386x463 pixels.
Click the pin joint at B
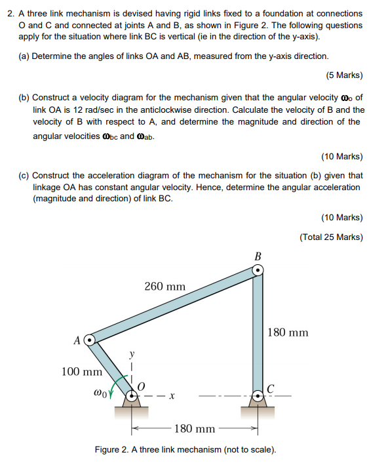(x=258, y=270)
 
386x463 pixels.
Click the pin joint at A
(x=90, y=340)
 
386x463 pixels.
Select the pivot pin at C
(x=258, y=395)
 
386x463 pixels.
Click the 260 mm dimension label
(x=164, y=287)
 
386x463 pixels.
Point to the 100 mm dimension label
(x=81, y=372)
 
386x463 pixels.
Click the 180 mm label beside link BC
(x=288, y=332)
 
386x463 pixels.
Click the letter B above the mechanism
(x=258, y=255)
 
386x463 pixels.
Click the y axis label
(x=132, y=353)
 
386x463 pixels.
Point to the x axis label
(x=171, y=396)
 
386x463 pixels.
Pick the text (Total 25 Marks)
(x=331, y=237)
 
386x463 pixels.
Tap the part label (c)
(x=24, y=176)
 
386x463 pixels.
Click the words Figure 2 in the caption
(x=116, y=449)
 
